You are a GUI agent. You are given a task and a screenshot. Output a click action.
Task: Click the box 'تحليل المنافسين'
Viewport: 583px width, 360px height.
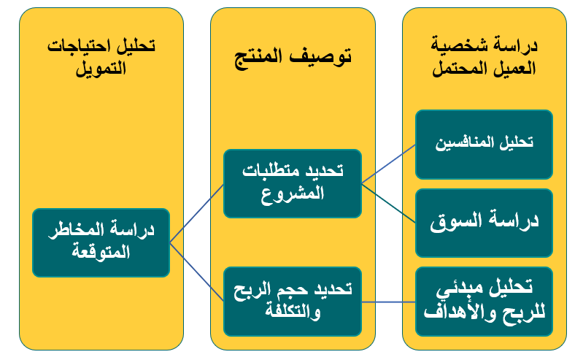click(x=484, y=145)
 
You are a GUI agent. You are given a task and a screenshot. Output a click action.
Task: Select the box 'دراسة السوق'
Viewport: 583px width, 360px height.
click(x=484, y=223)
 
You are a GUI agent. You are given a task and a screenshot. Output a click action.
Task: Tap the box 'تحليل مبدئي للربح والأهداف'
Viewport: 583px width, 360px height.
click(x=484, y=302)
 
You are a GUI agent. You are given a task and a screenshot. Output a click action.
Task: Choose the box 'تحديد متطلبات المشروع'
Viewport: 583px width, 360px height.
click(x=293, y=183)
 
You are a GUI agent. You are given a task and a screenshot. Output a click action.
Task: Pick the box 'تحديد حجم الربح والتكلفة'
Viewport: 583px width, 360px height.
click(x=293, y=302)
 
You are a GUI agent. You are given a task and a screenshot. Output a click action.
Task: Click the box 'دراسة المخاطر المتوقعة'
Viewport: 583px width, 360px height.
click(x=101, y=242)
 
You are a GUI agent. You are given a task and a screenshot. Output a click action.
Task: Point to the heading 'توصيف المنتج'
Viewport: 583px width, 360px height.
click(x=293, y=57)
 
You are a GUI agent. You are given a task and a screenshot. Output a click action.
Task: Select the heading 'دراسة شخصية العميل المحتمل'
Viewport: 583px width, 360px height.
click(x=484, y=56)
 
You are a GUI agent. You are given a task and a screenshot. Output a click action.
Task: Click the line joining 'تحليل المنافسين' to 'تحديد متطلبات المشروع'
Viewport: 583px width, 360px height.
click(x=388, y=164)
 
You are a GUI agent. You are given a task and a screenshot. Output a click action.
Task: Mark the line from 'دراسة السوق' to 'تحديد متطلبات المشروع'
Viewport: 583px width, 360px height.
click(x=388, y=203)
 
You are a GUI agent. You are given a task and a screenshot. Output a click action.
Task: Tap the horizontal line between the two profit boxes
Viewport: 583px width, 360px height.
click(x=388, y=302)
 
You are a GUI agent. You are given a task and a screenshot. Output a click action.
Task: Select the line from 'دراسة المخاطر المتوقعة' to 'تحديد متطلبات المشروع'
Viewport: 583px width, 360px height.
click(x=197, y=213)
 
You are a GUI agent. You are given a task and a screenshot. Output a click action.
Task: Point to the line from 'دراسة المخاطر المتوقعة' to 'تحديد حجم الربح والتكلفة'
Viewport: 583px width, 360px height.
click(x=197, y=272)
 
